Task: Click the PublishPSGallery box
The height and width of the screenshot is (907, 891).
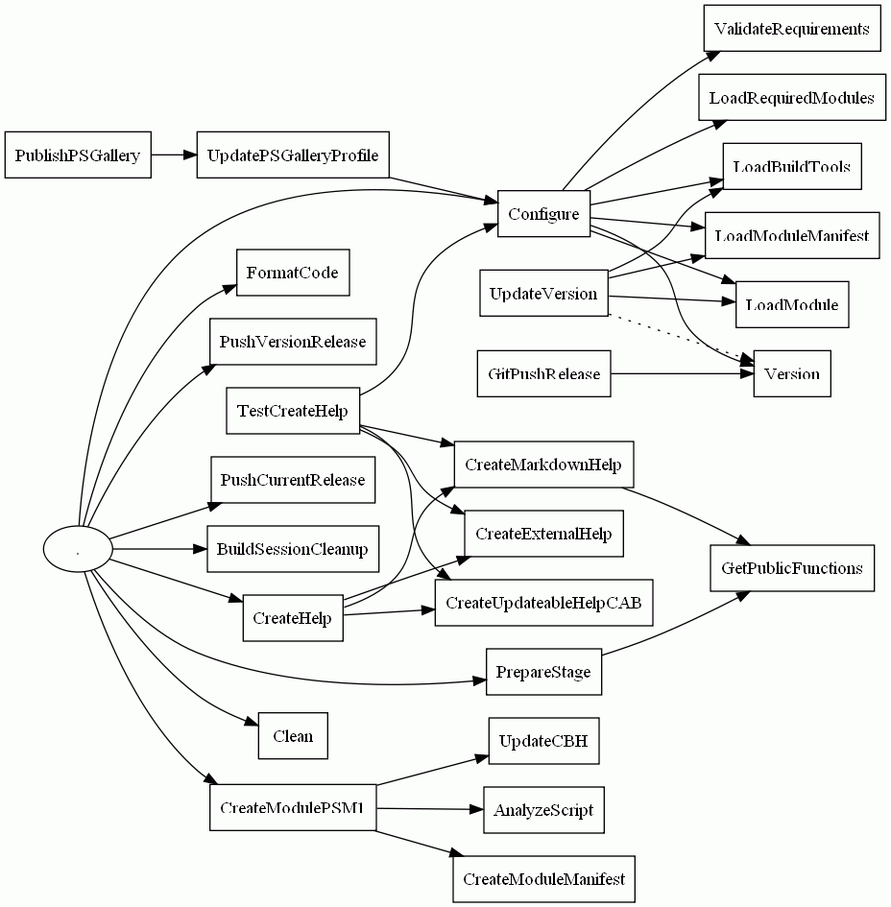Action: click(78, 155)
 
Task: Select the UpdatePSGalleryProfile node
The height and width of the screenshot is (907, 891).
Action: click(292, 155)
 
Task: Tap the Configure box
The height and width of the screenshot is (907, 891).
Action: click(542, 214)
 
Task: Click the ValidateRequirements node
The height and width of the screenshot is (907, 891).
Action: click(791, 29)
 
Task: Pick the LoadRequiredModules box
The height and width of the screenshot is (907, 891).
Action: click(791, 98)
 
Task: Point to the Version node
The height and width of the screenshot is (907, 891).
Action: click(791, 373)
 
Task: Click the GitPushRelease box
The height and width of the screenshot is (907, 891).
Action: click(542, 373)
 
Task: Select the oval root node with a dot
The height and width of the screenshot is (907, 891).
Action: click(78, 550)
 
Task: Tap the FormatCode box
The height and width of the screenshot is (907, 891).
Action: click(292, 273)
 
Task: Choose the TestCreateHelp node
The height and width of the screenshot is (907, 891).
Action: click(292, 412)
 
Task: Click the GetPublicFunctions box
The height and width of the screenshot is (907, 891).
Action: click(791, 568)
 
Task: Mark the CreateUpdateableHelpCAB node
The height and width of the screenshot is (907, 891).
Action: click(543, 603)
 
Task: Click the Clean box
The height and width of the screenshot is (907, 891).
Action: click(292, 736)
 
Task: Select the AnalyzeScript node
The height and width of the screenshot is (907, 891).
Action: click(543, 810)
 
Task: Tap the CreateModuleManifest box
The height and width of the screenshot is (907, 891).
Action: click(543, 879)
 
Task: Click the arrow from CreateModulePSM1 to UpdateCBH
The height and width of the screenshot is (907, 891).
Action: click(432, 770)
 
